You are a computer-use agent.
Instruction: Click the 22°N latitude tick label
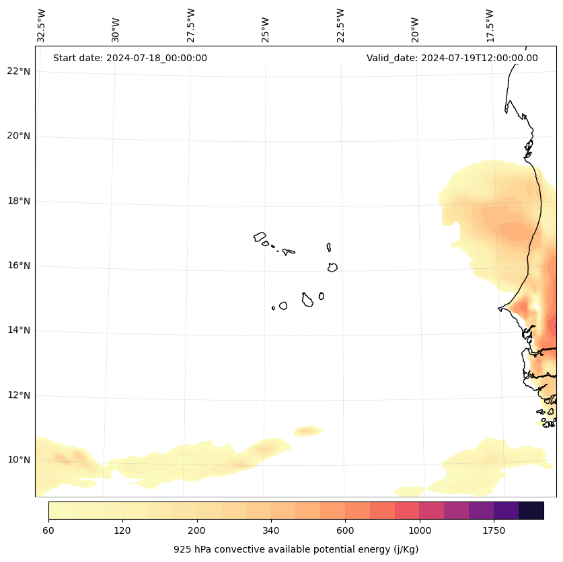[19, 71]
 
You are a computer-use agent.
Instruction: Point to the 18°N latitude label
[19, 201]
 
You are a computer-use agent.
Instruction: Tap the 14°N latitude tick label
[19, 330]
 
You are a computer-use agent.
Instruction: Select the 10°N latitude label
[19, 460]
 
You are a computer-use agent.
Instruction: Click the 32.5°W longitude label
[42, 25]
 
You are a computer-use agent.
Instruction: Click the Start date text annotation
[130, 58]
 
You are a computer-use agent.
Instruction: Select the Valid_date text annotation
[452, 58]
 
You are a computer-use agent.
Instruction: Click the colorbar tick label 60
[48, 530]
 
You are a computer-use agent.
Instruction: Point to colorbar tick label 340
[271, 530]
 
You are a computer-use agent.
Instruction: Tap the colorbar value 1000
[419, 530]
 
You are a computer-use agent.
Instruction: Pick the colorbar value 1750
[494, 530]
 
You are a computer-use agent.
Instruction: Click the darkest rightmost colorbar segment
[531, 510]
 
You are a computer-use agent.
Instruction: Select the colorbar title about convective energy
[296, 549]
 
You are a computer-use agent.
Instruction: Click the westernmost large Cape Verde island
[260, 237]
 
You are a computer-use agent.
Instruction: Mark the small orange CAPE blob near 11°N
[307, 430]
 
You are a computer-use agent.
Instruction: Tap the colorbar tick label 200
[196, 530]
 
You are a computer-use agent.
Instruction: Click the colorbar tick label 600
[345, 530]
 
